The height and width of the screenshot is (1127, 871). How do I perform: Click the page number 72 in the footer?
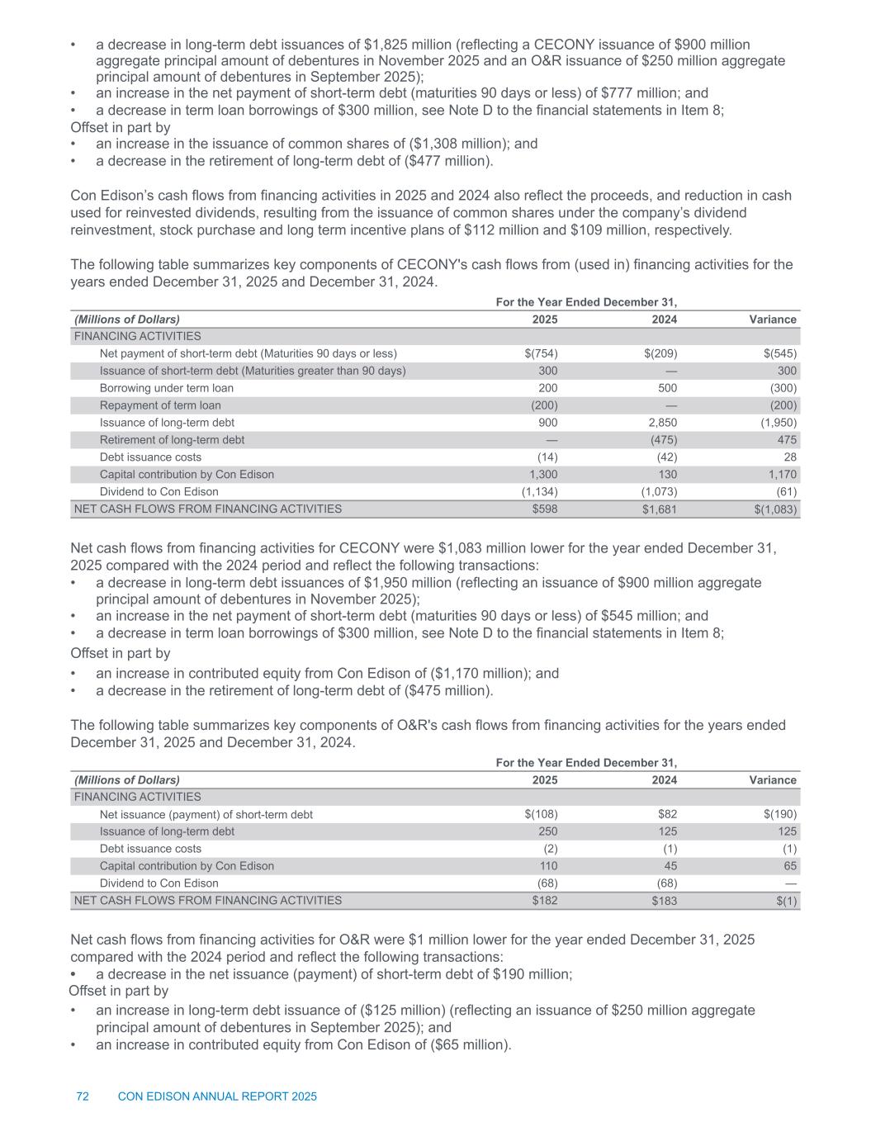point(83,1096)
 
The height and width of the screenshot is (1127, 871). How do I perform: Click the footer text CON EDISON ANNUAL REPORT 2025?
point(217,1096)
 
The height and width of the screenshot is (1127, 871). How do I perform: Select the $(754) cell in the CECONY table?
point(541,353)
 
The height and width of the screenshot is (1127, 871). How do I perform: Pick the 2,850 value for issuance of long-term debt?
point(660,423)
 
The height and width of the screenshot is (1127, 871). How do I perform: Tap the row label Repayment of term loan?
point(160,405)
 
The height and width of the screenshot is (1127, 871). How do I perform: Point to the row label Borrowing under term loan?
point(166,388)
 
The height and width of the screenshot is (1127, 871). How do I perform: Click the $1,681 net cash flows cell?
point(659,509)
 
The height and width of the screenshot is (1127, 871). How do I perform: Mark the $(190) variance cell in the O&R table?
point(779,815)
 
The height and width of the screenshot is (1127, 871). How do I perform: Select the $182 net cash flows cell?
point(545,901)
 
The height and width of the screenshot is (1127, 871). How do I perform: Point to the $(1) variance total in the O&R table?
point(786,901)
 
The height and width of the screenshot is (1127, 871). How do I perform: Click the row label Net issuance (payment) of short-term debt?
point(206,815)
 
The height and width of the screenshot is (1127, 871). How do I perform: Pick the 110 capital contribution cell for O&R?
point(547,866)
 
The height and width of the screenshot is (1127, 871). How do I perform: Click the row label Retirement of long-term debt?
point(172,440)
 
